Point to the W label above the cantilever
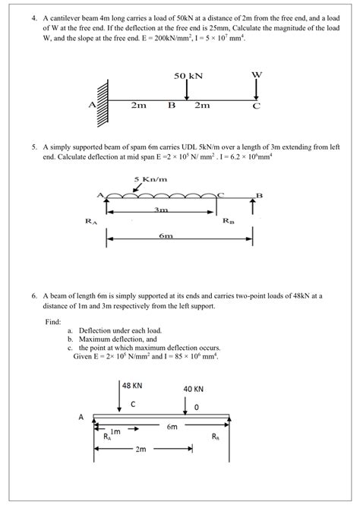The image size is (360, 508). pos(256,74)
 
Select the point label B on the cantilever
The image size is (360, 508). pos(171,106)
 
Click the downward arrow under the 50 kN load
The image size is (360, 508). pos(186,90)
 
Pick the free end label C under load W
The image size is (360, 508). pos(256,106)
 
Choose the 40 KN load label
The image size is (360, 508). pos(194,388)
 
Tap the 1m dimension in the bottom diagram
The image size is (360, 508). pos(116,431)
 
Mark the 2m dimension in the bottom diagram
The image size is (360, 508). pos(141,450)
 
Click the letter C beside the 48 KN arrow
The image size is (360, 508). pos(133,404)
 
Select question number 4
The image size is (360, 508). pos(34,14)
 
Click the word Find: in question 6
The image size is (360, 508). pos(54,320)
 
